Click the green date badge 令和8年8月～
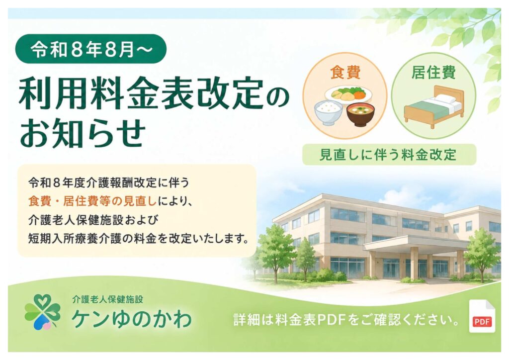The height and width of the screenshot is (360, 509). (91, 49)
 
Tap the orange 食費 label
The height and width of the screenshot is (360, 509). (345, 72)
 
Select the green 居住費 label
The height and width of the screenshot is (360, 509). (433, 72)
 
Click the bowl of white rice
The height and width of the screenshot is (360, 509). (328, 112)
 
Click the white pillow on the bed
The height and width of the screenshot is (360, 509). (445, 98)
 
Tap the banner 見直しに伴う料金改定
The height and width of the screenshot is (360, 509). (389, 155)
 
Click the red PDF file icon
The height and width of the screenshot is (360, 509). (482, 316)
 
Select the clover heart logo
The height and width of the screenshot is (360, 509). (43, 312)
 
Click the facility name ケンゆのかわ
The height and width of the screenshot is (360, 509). (131, 319)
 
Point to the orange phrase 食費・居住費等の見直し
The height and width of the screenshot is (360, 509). (92, 201)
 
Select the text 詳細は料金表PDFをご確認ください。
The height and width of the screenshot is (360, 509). (346, 320)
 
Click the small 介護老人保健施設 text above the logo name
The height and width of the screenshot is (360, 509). (107, 299)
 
